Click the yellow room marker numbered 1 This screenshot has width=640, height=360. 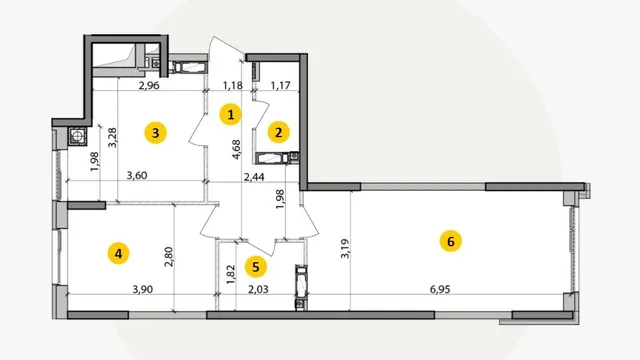point(231,114)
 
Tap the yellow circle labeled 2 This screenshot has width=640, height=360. point(279,132)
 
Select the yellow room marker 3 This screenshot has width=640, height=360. point(156,132)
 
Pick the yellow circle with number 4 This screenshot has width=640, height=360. point(118,253)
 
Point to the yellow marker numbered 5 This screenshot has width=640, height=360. point(256,267)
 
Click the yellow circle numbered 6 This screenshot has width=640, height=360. point(451,241)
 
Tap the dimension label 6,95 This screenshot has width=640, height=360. point(440,289)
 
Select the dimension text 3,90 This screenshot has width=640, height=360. point(143,289)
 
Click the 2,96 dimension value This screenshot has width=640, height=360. point(149,85)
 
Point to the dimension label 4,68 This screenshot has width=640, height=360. point(236,149)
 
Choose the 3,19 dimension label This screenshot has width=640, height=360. point(345,249)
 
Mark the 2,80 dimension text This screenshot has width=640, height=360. point(169,256)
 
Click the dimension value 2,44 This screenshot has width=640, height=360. point(254,177)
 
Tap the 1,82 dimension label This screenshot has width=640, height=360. point(231,275)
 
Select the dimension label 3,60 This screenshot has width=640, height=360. point(137,176)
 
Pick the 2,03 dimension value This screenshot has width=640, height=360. point(258,289)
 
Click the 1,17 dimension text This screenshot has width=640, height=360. point(281,85)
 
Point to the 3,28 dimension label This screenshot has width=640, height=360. point(112,138)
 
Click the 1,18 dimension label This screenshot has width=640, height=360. point(233,85)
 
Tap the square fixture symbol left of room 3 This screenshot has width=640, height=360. point(78,136)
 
